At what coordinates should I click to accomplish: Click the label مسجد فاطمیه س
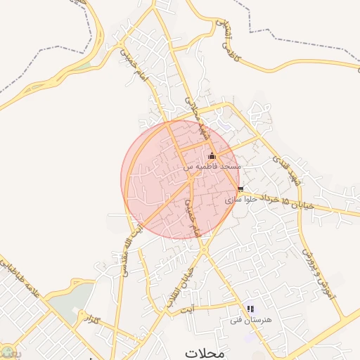coord(212,167)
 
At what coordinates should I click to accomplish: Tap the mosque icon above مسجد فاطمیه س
coord(212,156)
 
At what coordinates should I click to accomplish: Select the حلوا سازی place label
coord(239,200)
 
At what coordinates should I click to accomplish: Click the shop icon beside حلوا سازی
coord(240,189)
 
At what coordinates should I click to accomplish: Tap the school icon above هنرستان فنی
coord(250,309)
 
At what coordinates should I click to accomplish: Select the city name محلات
coord(205,352)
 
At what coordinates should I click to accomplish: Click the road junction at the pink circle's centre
coord(191,179)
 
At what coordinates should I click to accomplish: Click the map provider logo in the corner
coord(6,353)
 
